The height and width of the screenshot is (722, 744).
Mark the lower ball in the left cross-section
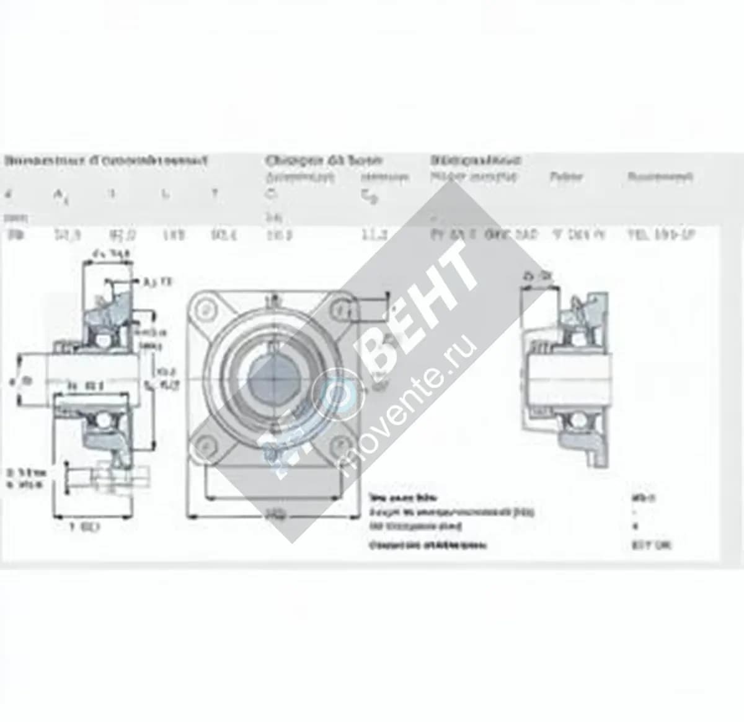pyautogui.click(x=99, y=421)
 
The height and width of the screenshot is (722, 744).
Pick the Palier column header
pyautogui.click(x=565, y=177)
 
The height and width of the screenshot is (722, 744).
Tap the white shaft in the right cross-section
pyautogui.click(x=567, y=377)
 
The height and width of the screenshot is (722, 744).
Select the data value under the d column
pyautogui.click(x=12, y=236)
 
